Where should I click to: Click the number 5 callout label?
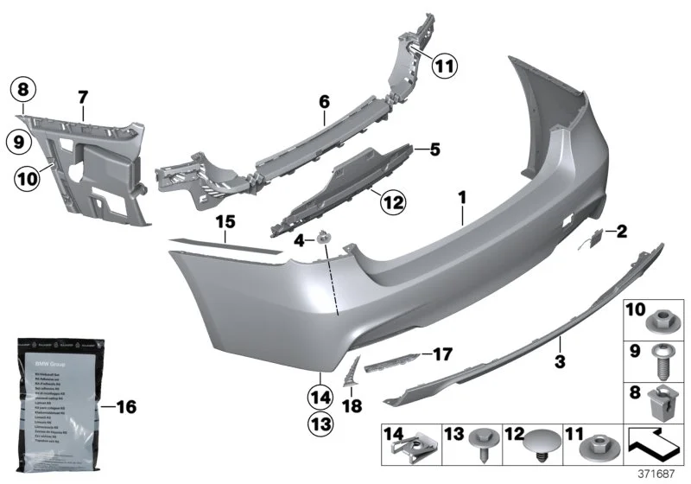pyautogui.click(x=434, y=150)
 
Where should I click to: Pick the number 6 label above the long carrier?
pyautogui.click(x=325, y=102)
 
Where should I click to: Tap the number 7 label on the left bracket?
pyautogui.click(x=83, y=97)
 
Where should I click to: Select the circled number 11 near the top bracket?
pyautogui.click(x=445, y=64)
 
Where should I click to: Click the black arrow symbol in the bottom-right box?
pyautogui.click(x=654, y=446)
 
